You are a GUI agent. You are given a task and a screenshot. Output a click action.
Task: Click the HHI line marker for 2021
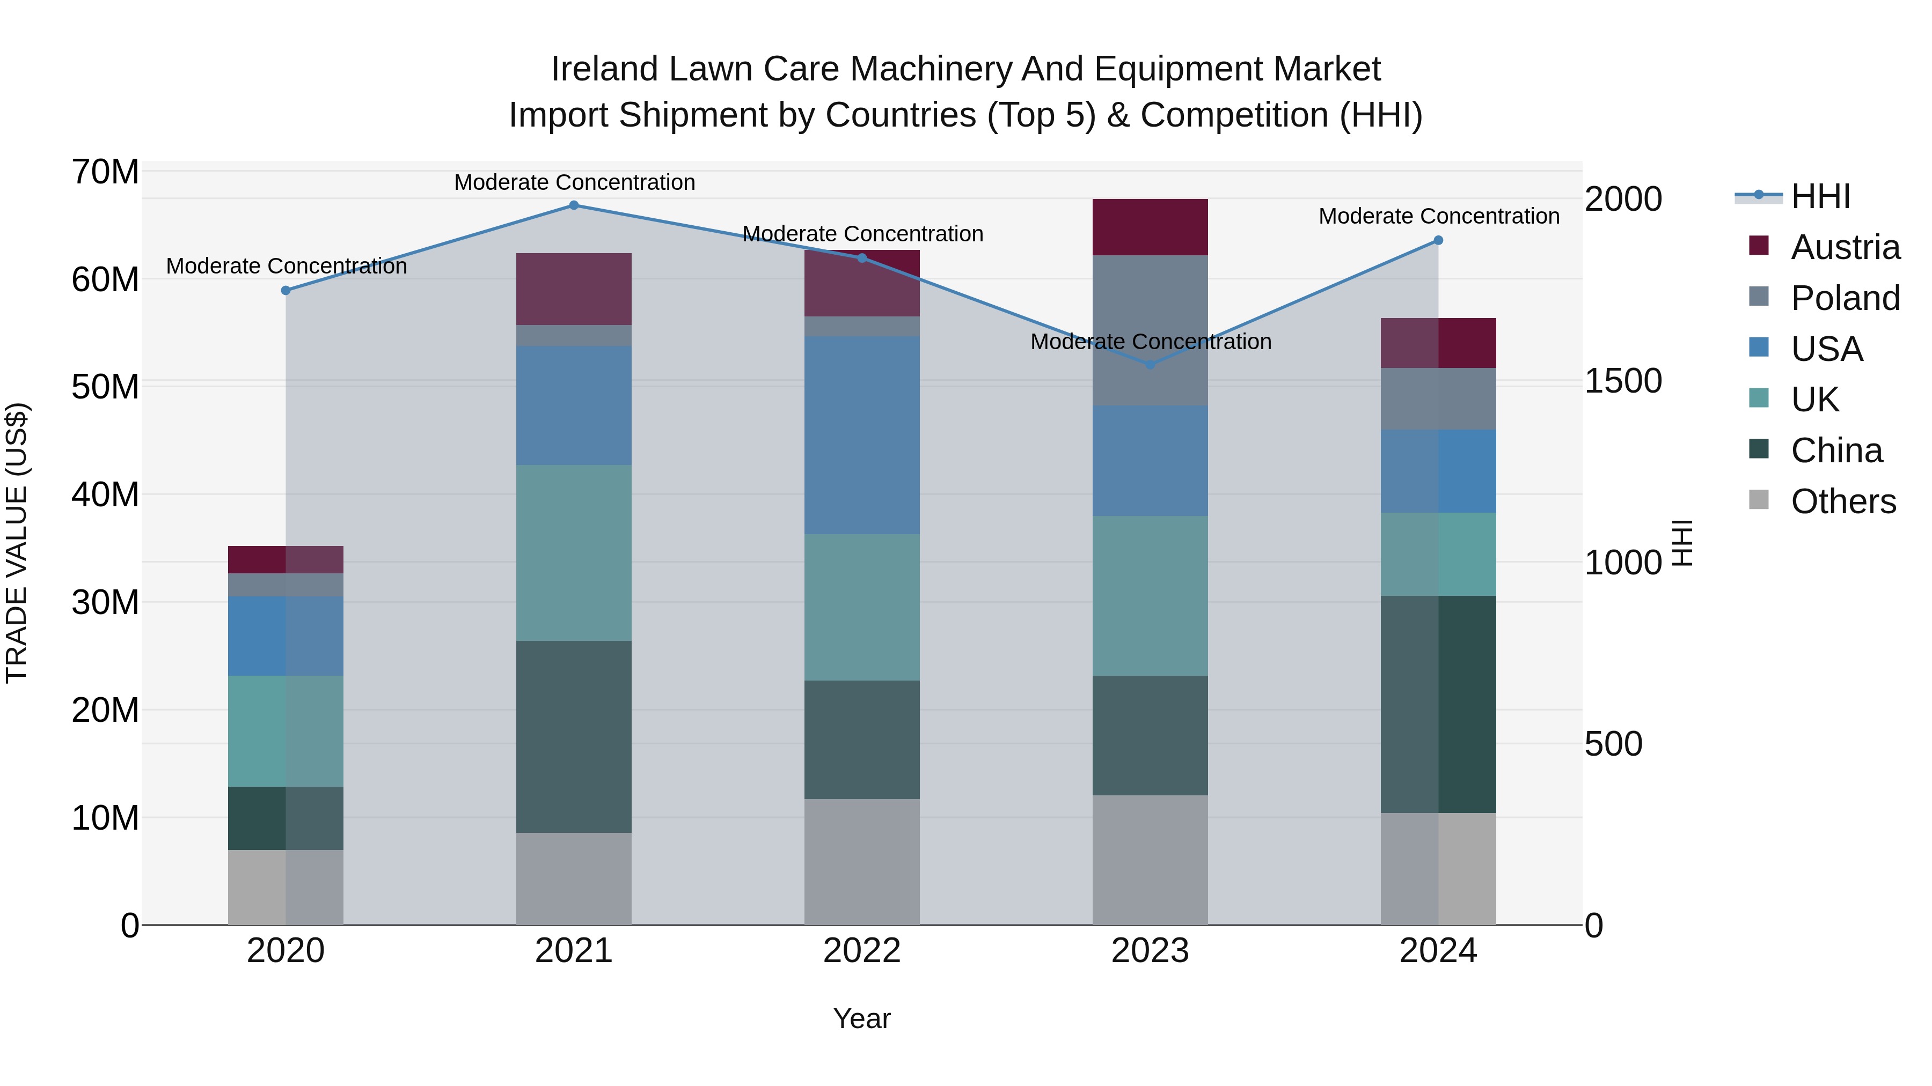coord(574,205)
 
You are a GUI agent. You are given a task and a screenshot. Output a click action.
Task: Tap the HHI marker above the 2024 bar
coord(1438,241)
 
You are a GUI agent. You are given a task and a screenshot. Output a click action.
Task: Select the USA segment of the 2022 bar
coord(862,435)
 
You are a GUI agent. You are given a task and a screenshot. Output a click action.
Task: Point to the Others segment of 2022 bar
coord(862,862)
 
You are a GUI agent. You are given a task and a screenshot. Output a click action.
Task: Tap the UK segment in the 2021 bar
coord(574,552)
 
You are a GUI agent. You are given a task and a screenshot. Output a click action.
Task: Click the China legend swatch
coord(1758,450)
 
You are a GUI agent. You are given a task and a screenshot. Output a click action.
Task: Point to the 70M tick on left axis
coord(105,172)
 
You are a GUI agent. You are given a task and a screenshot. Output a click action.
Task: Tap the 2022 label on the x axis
coord(862,951)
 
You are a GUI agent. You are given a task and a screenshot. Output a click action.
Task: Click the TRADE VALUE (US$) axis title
coord(17,543)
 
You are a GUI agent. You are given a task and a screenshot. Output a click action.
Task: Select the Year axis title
coord(862,1018)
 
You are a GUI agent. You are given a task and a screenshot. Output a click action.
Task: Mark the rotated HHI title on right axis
coord(1683,543)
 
